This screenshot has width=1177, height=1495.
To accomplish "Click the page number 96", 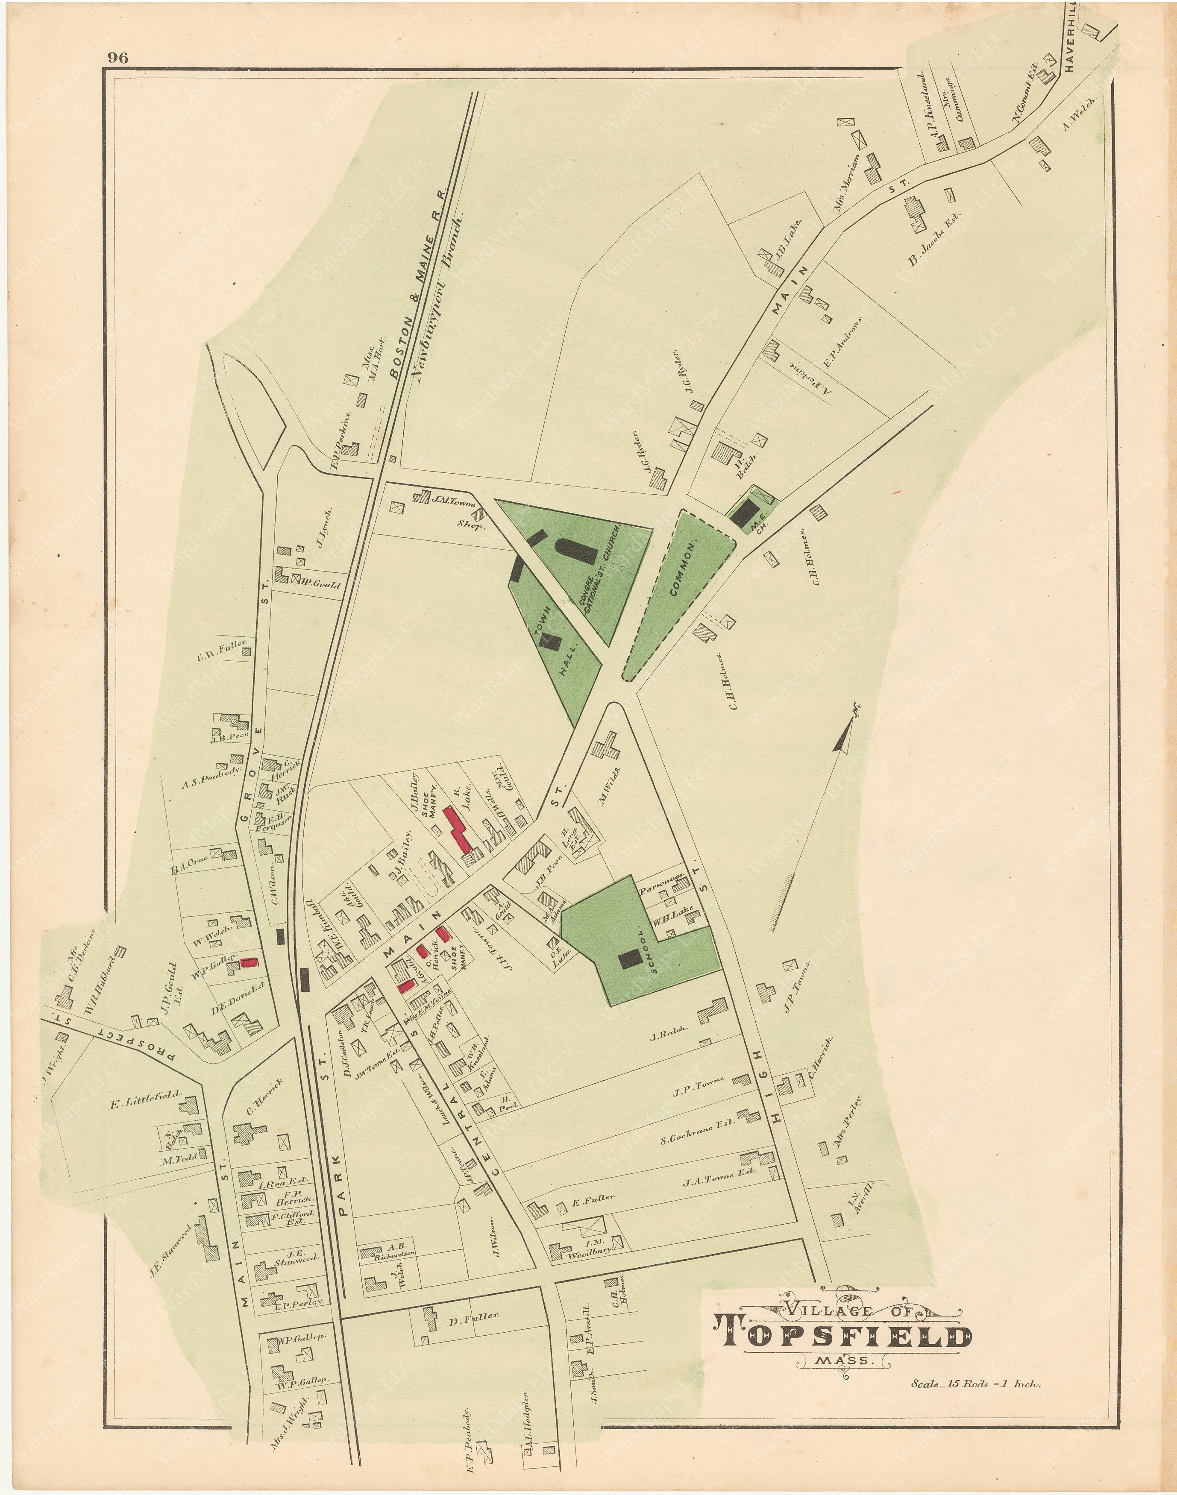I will [x=117, y=58].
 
